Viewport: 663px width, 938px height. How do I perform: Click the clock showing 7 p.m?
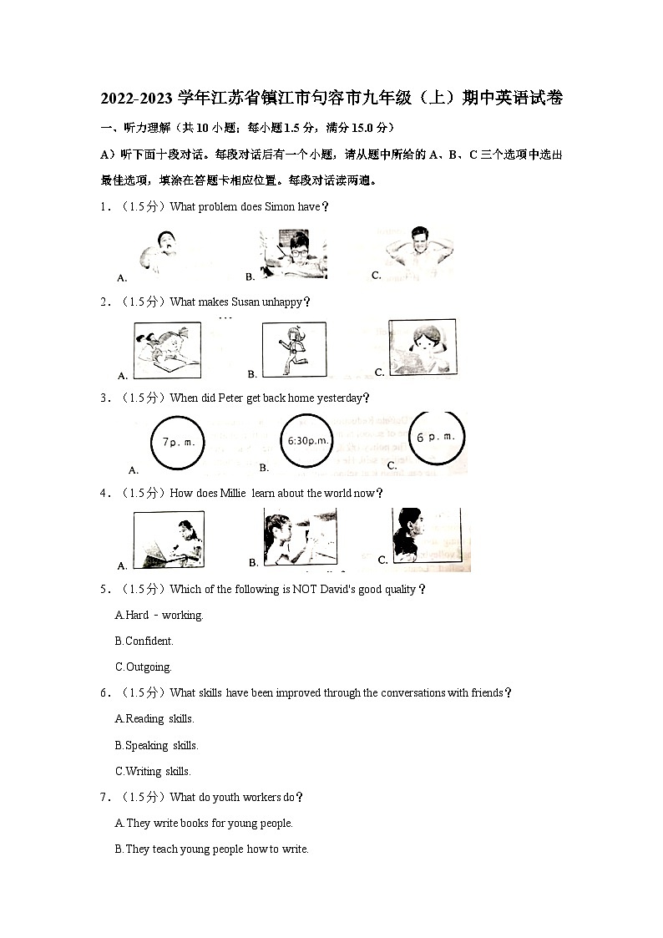coord(177,443)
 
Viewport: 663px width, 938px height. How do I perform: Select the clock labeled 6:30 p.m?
coord(309,440)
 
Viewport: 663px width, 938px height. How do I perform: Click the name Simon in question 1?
coord(280,207)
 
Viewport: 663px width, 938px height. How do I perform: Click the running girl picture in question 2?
coord(294,351)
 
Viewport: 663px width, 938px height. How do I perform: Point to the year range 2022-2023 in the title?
coord(139,99)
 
